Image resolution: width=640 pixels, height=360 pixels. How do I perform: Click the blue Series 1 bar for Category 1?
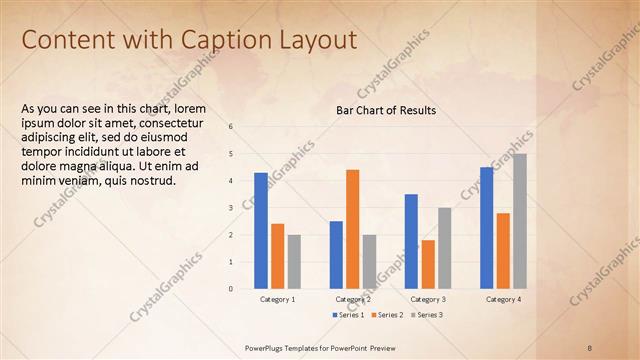tap(261, 231)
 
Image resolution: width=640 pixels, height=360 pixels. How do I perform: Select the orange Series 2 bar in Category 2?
tap(352, 229)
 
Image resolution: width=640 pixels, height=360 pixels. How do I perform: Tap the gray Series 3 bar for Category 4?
tap(520, 221)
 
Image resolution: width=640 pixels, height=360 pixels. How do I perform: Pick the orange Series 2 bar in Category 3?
tap(428, 264)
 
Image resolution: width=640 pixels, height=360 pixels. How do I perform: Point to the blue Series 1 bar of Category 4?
tap(486, 228)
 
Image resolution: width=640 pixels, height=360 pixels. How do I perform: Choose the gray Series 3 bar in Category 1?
tap(294, 262)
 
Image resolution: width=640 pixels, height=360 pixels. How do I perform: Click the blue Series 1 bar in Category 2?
tap(336, 255)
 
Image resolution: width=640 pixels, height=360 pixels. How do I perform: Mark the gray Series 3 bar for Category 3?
tap(444, 248)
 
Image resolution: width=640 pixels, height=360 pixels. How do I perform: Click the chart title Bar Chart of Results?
tap(386, 110)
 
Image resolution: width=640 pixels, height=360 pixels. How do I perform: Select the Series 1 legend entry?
tap(348, 315)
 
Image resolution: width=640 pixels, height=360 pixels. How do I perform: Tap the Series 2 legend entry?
tap(388, 315)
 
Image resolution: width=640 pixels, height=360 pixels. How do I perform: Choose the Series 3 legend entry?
tap(427, 315)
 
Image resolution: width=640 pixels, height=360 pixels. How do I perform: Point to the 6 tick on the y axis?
tap(231, 127)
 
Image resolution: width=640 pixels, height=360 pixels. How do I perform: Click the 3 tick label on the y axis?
tap(231, 208)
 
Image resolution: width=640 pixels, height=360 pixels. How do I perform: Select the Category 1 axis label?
tap(278, 299)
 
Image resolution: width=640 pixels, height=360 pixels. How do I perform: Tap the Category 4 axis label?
tap(503, 299)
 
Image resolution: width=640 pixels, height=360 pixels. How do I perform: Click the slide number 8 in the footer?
tap(590, 347)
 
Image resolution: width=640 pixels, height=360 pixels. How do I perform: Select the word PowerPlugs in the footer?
tap(266, 347)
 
